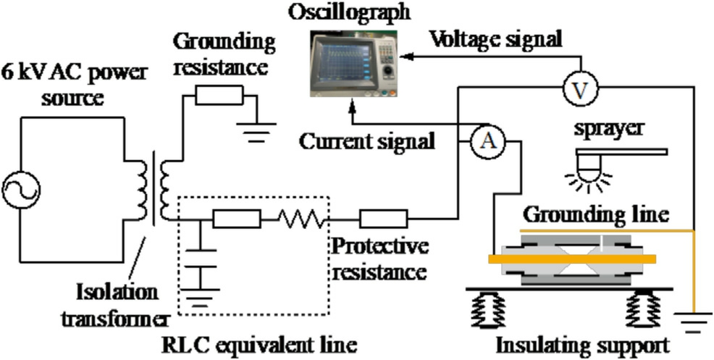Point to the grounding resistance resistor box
pos(219,95)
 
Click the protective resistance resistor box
pos(383,216)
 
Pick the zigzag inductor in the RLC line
pos(303,216)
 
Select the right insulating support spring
pos(643,310)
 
